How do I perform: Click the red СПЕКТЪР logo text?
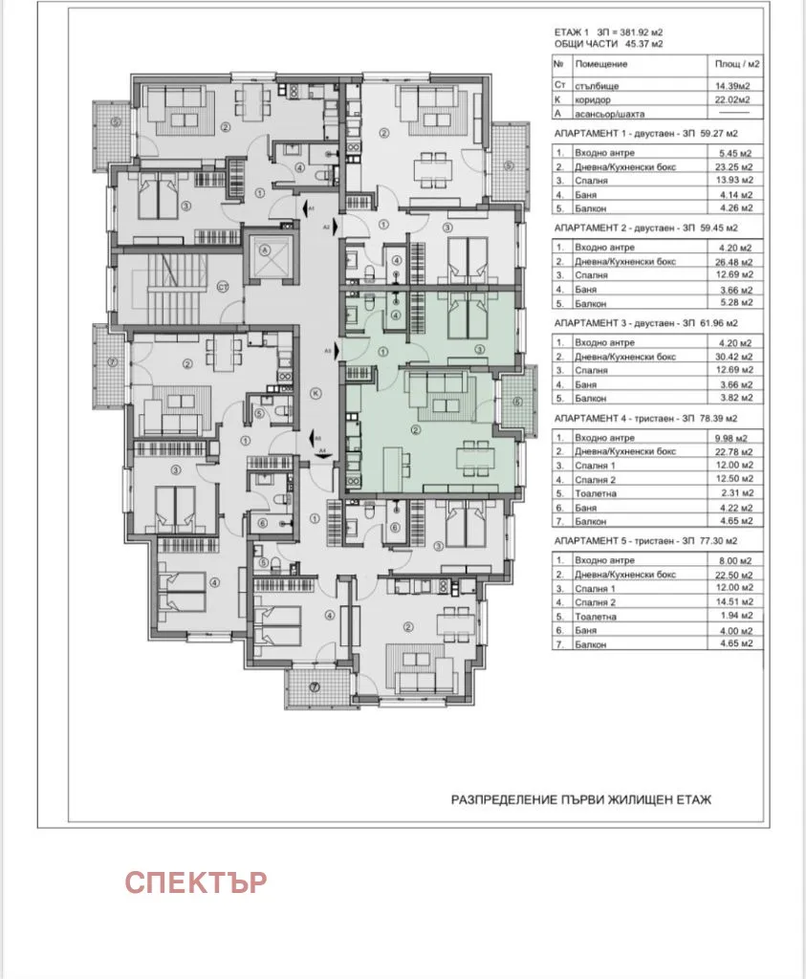tap(195, 881)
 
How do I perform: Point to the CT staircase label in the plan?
tap(221, 285)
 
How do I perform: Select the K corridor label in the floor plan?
tap(315, 393)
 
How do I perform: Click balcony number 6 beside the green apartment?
tap(516, 402)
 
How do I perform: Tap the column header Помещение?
tap(601, 64)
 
